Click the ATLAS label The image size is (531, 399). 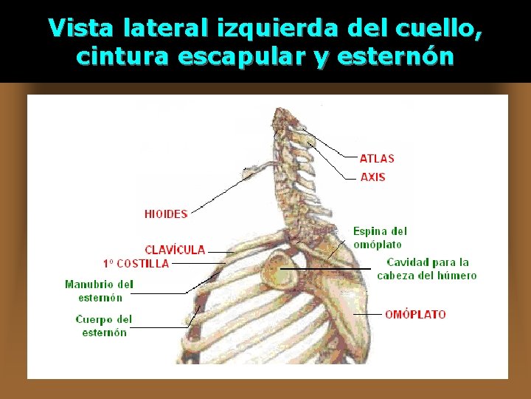377,158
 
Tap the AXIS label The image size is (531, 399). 372,177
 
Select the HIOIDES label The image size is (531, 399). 166,214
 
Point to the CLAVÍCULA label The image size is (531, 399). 175,250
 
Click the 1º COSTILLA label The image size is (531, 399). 136,263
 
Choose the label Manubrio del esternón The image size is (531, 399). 99,291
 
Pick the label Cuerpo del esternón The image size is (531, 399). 104,326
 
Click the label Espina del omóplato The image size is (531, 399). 379,238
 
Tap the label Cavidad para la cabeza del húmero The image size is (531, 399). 427,269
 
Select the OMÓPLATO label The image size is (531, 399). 415,314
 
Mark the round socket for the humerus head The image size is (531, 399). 280,269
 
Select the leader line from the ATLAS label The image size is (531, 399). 332,148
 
